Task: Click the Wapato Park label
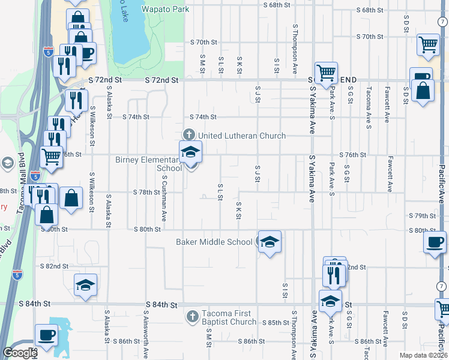click(165, 9)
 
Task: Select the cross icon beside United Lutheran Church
click(188, 134)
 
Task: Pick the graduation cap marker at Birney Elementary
click(190, 152)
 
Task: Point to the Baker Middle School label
click(214, 242)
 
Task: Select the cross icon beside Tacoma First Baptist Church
click(192, 316)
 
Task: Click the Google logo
click(20, 353)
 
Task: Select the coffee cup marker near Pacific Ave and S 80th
click(434, 242)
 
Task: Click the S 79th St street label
click(421, 215)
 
